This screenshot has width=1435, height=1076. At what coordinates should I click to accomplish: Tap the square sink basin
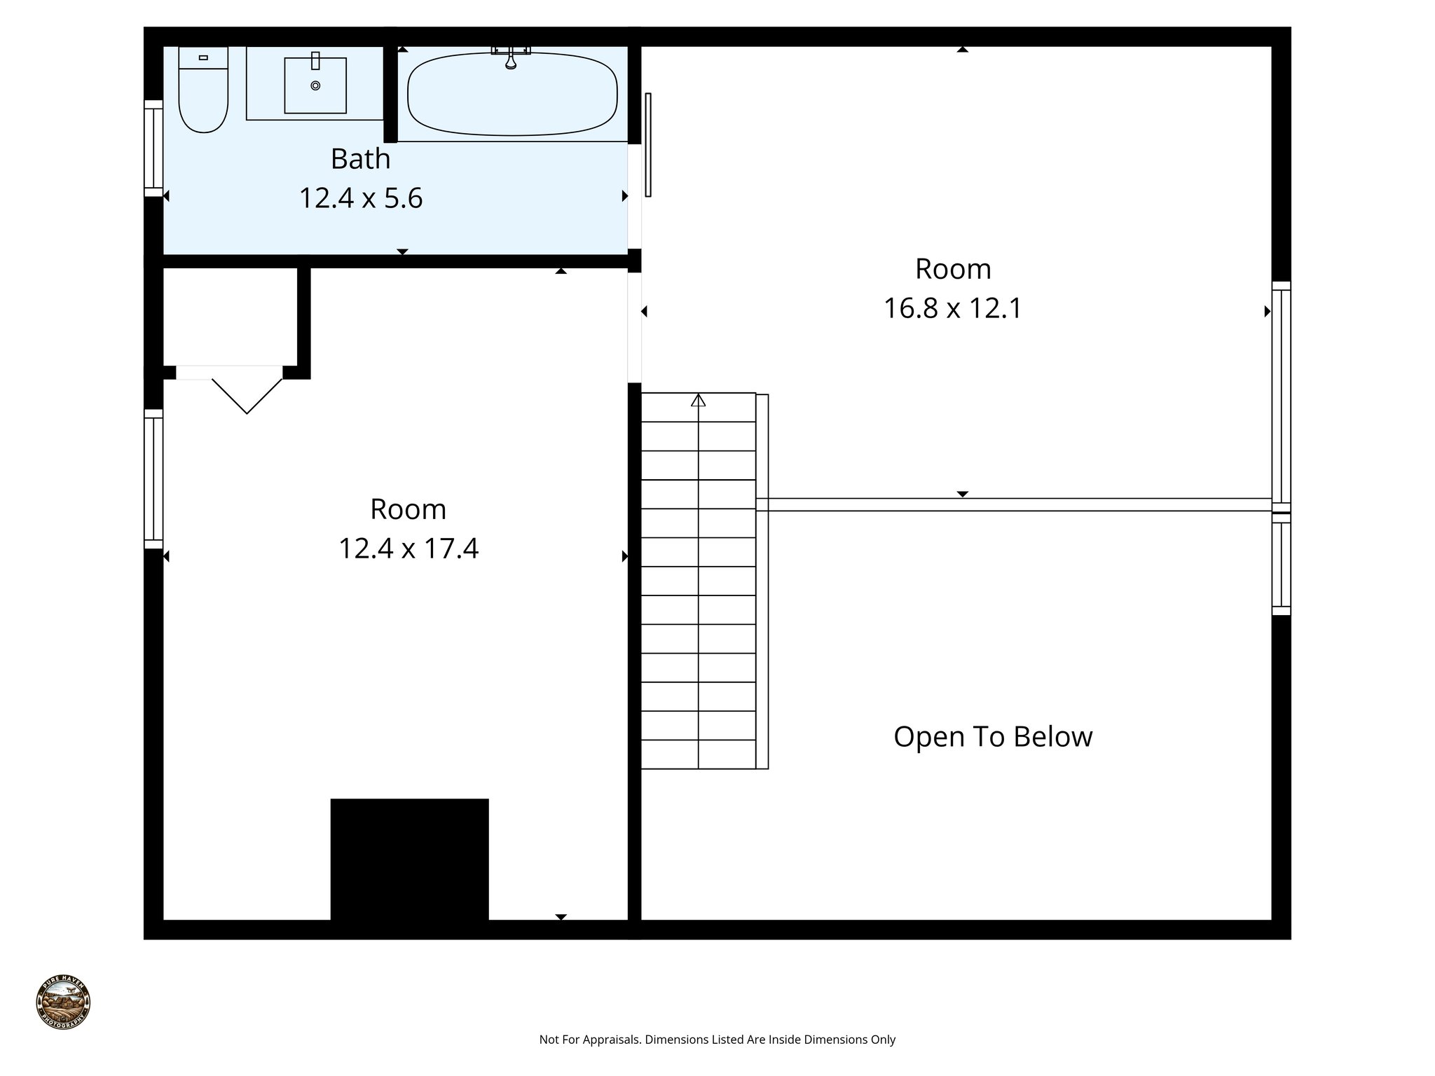tap(315, 85)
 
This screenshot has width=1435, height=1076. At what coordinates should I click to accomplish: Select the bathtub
tap(512, 95)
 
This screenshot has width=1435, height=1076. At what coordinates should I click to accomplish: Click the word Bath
tap(360, 159)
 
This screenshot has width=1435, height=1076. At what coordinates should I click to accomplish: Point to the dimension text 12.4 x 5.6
tap(361, 198)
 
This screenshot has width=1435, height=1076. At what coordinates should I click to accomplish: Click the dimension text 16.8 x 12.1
tap(953, 308)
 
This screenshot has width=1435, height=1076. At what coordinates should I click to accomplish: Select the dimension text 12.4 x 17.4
tap(408, 549)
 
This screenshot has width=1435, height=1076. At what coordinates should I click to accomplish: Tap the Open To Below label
tap(993, 737)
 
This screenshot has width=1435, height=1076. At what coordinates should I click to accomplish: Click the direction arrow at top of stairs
tap(698, 401)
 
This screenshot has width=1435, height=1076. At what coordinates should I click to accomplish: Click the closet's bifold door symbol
tap(247, 395)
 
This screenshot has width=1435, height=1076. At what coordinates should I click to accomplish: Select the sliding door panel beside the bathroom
tap(648, 144)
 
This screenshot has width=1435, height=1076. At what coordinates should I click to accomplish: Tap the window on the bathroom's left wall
tap(153, 148)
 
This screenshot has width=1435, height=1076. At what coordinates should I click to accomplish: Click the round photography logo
tap(63, 1002)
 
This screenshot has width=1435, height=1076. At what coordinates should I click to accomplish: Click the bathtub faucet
tap(511, 59)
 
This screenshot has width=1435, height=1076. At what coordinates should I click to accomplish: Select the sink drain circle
tap(315, 85)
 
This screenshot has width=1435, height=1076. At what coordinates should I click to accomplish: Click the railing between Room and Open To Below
tap(1016, 505)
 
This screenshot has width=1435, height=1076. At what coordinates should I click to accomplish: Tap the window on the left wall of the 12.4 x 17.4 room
tap(153, 479)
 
